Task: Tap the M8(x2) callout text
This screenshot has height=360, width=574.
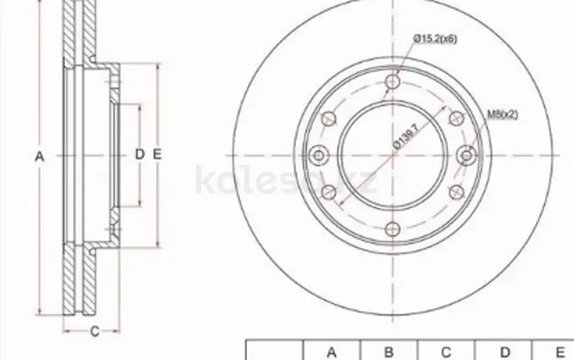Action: point(504,116)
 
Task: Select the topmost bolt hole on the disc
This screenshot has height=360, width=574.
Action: point(393,82)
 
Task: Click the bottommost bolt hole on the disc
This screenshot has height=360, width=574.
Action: point(393,227)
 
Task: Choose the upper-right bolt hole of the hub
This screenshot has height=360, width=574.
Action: point(457,118)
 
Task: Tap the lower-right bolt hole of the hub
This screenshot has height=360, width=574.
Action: point(457,191)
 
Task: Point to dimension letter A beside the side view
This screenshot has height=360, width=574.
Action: point(41,155)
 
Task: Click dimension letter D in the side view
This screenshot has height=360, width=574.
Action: point(139,155)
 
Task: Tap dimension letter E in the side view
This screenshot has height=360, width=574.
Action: point(156,155)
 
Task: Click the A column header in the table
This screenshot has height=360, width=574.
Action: point(331,352)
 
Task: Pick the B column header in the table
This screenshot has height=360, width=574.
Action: point(389,352)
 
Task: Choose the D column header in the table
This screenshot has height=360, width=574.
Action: point(504,352)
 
